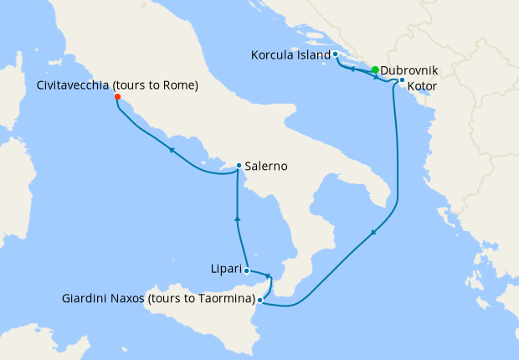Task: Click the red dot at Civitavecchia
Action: [x=117, y=97]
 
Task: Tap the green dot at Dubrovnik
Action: [x=375, y=70]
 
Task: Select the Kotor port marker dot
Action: [x=402, y=80]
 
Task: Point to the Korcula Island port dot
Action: [x=335, y=54]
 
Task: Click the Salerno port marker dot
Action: [x=239, y=166]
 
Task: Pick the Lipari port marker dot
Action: [x=246, y=270]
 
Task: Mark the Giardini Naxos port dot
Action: [x=260, y=299]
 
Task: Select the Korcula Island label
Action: [x=290, y=55]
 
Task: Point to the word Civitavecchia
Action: [x=73, y=85]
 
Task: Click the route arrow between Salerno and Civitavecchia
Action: [x=172, y=151]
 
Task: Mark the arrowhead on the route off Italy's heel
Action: [x=373, y=233]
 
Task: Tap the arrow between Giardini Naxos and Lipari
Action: [x=268, y=276]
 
